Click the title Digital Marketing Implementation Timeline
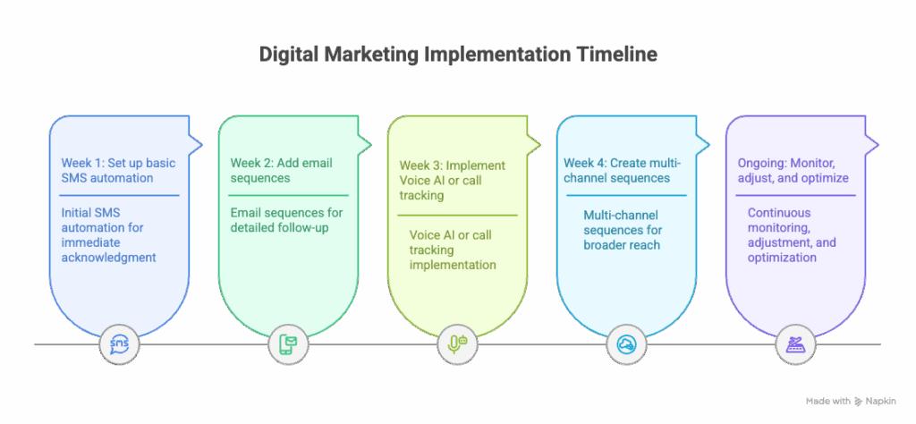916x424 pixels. point(458,55)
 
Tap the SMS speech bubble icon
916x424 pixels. point(119,344)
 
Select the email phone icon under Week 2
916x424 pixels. point(288,344)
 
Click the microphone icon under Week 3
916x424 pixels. point(457,344)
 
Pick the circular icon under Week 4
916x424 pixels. point(626,344)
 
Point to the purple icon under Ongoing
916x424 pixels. point(794,344)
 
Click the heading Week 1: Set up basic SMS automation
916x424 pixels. point(118,170)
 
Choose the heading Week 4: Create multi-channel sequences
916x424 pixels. point(623,170)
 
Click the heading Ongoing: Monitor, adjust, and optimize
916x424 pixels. point(792,170)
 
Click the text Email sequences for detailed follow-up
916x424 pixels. point(286,220)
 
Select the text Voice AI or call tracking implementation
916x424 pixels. point(452,250)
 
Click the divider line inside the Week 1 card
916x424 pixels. point(120,195)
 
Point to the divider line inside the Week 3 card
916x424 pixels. point(457,215)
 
